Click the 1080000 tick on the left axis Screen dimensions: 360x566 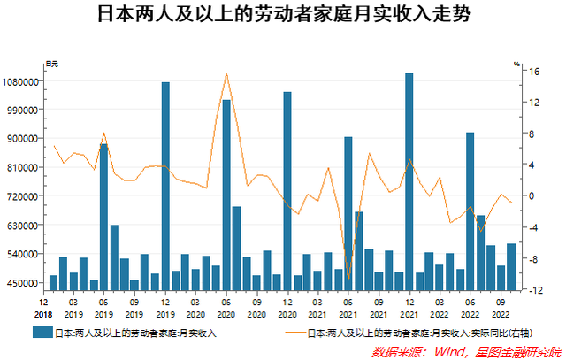20,81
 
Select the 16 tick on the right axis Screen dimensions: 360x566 523,71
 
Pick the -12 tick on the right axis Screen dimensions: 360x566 523,290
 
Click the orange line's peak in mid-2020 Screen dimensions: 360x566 226,74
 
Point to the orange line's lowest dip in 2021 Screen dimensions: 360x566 348,280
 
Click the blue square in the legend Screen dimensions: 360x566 42,333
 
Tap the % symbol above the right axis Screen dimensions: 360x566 518,63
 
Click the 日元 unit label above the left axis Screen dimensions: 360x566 52,63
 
